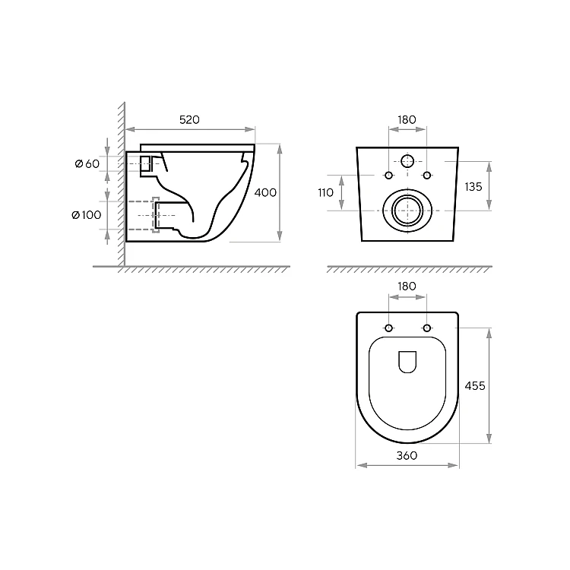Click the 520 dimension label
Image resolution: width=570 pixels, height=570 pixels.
(x=189, y=119)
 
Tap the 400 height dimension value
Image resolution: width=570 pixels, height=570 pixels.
(x=265, y=192)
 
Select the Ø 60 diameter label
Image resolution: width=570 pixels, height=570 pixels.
(x=87, y=164)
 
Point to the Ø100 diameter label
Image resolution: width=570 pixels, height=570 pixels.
(x=87, y=215)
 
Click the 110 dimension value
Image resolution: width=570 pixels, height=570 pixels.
(x=325, y=193)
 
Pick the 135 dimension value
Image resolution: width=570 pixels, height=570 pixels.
(x=473, y=187)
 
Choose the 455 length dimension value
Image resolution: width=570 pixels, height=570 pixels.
(x=475, y=385)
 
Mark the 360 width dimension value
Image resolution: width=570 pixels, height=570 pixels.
(x=407, y=455)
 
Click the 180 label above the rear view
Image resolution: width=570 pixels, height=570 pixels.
(x=407, y=119)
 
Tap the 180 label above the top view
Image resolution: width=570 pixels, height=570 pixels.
(x=407, y=287)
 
